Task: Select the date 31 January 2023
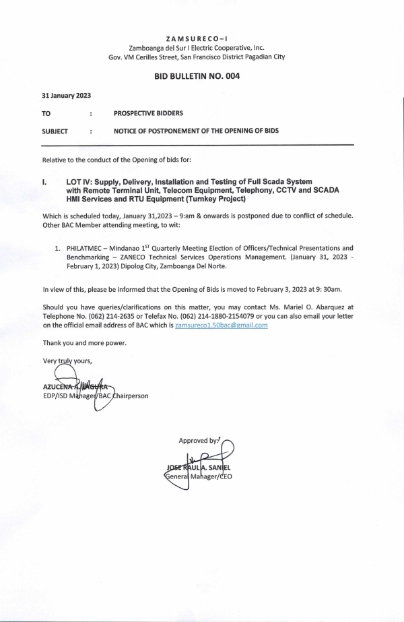click(66, 96)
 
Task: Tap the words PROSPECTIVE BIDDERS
click(148, 113)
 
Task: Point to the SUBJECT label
click(55, 131)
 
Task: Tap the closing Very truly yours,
click(67, 361)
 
